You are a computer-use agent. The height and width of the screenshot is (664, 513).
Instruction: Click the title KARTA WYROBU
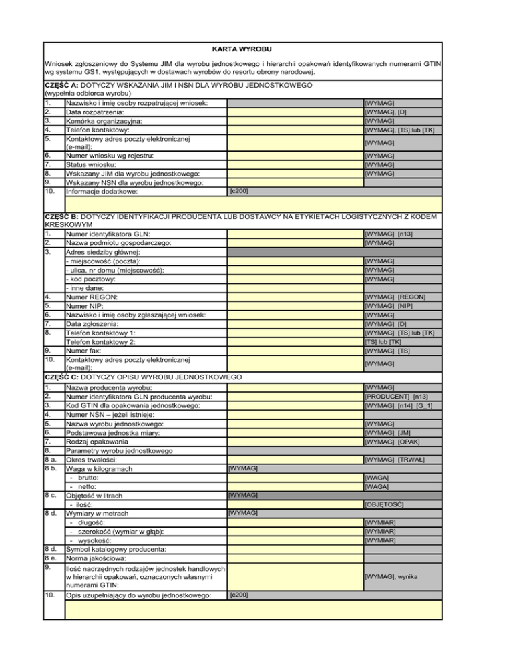tap(243, 49)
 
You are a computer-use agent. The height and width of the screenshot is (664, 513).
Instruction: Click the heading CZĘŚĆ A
tap(61, 86)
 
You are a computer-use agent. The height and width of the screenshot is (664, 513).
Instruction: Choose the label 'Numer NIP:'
tap(84, 306)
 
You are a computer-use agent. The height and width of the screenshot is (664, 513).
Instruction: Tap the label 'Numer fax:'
tap(84, 350)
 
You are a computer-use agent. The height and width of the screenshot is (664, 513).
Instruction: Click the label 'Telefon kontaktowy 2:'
tap(101, 341)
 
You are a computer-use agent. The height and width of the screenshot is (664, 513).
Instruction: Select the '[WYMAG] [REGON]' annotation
tap(396, 297)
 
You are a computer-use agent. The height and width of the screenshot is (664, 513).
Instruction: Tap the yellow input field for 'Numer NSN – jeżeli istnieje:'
tap(294, 415)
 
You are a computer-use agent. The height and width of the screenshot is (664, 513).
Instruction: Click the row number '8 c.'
tap(53, 496)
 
